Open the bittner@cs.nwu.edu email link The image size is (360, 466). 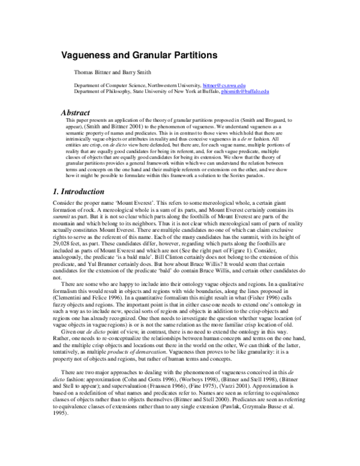(x=222, y=85)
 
